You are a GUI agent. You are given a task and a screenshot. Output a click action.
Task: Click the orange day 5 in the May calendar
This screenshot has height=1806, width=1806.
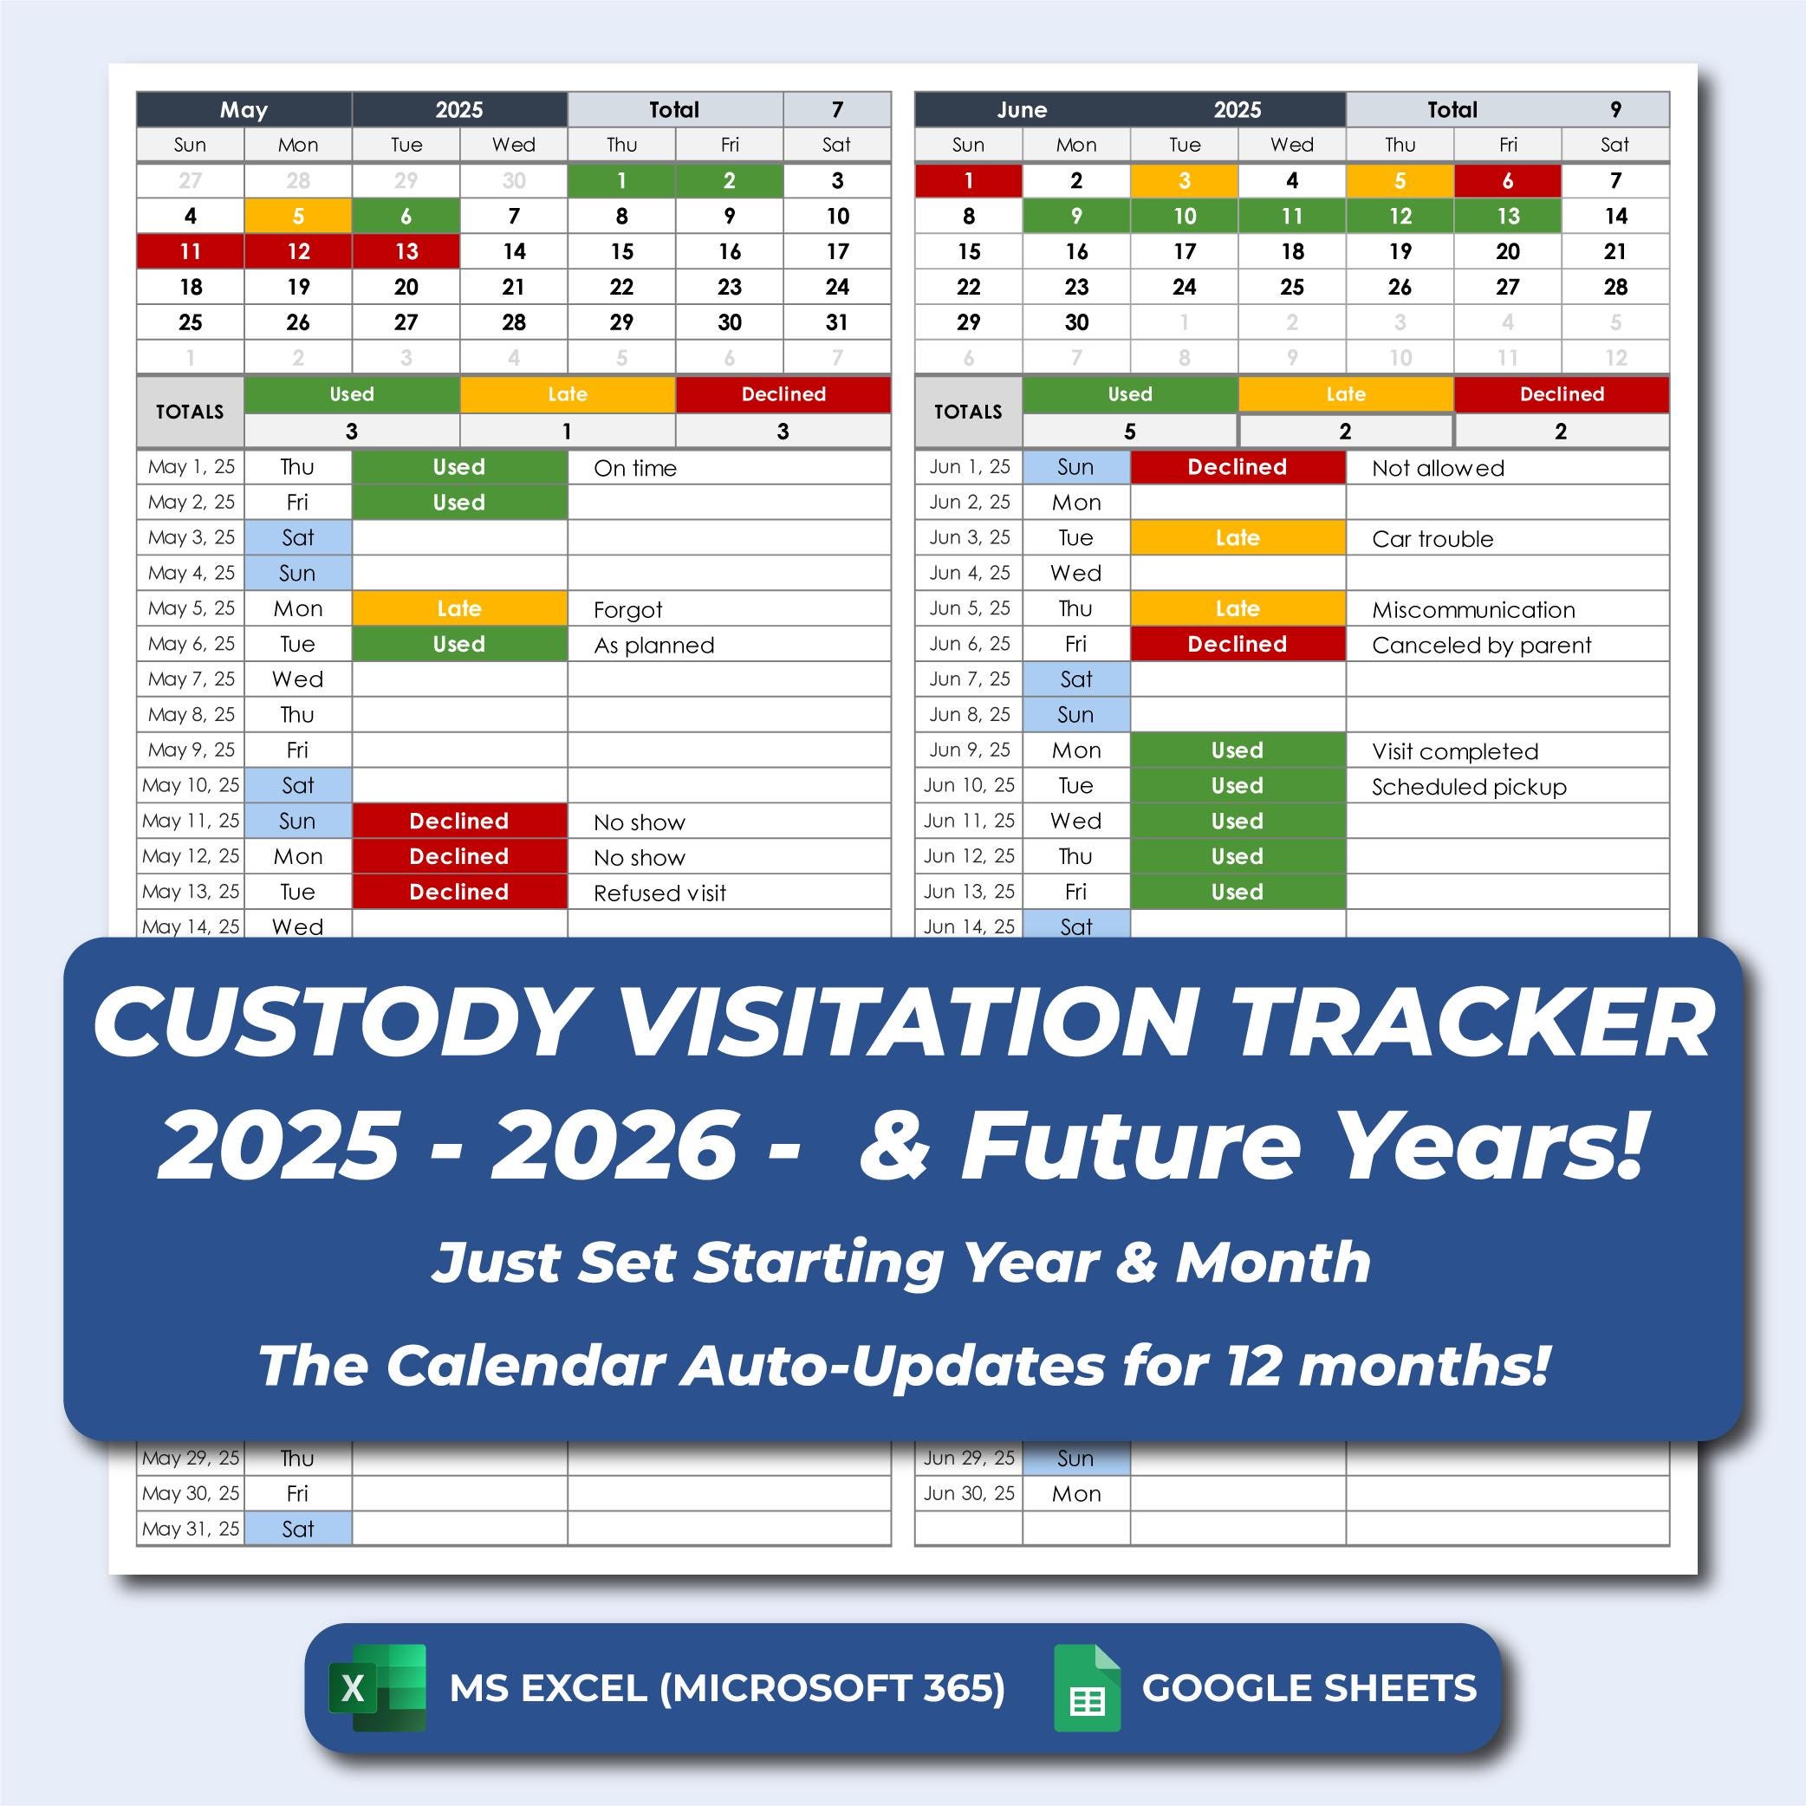point(298,216)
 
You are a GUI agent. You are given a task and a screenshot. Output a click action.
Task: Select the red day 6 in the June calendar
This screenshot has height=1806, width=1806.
point(1507,180)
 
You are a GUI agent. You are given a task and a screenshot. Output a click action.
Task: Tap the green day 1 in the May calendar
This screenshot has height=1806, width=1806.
point(620,180)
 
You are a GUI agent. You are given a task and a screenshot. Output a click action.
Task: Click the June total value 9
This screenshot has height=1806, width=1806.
point(1614,109)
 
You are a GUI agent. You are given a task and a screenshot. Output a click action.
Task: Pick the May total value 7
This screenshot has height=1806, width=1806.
point(836,109)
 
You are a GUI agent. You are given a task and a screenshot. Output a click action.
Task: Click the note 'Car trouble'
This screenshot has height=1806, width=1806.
point(1432,538)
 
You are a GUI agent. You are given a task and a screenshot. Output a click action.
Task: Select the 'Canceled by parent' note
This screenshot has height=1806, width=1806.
point(1481,645)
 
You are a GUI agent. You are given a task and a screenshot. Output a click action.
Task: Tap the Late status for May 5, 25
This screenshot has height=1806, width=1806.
point(459,608)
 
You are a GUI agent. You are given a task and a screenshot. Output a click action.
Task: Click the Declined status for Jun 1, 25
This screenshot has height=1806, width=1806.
point(1237,466)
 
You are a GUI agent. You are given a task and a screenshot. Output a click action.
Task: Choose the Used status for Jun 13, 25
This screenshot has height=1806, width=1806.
point(1237,892)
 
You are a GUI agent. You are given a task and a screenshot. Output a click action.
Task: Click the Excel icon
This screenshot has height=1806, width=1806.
point(377,1687)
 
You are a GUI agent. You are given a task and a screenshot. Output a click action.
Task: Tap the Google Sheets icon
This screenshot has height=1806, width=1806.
point(1086,1687)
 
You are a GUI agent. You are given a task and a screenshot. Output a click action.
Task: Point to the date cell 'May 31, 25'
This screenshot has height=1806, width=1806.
point(191,1529)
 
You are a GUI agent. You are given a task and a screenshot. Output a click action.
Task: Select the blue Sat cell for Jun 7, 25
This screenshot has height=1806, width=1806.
point(1076,679)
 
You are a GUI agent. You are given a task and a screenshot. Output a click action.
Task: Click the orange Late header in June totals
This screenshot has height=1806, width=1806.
point(1345,394)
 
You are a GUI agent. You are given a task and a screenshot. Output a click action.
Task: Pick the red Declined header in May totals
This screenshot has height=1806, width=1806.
point(783,394)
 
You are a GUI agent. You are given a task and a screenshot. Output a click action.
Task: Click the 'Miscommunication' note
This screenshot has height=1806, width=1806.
point(1473,609)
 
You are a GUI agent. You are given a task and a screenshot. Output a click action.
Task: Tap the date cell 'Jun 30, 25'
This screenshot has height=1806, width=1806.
point(969,1493)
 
